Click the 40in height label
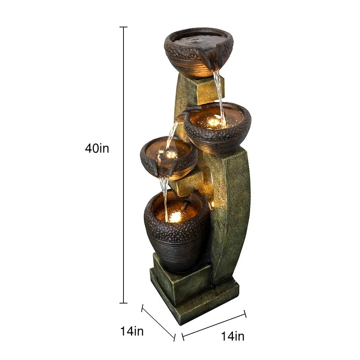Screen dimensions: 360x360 [x=97, y=148]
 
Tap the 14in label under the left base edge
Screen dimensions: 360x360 [x=132, y=331]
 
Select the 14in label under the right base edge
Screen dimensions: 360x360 [x=233, y=336]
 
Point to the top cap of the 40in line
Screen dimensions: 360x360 [x=123, y=27]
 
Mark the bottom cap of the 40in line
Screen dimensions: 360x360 [x=123, y=303]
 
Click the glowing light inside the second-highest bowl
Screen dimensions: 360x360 [x=214, y=122]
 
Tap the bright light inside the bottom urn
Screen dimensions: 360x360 [x=175, y=217]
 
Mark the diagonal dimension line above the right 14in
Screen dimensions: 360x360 [x=214, y=324]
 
